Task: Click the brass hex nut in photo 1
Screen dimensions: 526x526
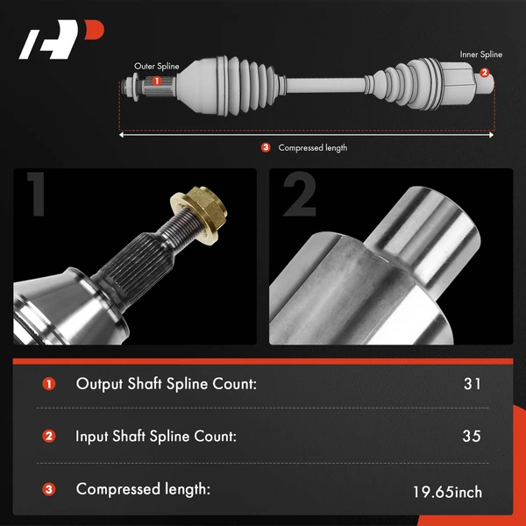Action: [199, 215]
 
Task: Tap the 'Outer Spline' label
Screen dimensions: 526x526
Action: [156, 66]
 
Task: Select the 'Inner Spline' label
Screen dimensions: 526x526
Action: [480, 54]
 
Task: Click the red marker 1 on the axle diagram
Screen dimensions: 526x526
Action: [156, 81]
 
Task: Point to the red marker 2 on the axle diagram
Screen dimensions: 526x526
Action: [484, 73]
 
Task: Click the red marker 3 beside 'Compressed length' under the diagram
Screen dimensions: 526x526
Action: [266, 147]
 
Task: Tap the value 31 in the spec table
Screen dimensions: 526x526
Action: [473, 384]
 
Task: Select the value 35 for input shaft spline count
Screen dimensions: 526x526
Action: [472, 436]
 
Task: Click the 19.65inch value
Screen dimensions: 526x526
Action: [447, 492]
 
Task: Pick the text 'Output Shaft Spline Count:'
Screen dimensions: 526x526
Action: [166, 384]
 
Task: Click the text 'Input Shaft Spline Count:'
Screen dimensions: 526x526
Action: [156, 436]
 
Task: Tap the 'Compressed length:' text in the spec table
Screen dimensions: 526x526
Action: [143, 489]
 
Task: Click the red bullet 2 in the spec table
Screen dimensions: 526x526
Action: [48, 437]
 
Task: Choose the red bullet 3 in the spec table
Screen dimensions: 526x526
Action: [48, 489]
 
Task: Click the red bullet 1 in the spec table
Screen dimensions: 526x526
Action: [48, 384]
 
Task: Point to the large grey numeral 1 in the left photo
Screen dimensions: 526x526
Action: [37, 194]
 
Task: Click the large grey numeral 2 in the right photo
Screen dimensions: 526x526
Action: [300, 194]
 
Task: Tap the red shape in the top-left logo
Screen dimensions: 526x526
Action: [94, 30]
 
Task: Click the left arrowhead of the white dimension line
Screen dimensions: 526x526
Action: [122, 135]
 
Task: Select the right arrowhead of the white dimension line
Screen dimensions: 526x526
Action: [491, 135]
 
